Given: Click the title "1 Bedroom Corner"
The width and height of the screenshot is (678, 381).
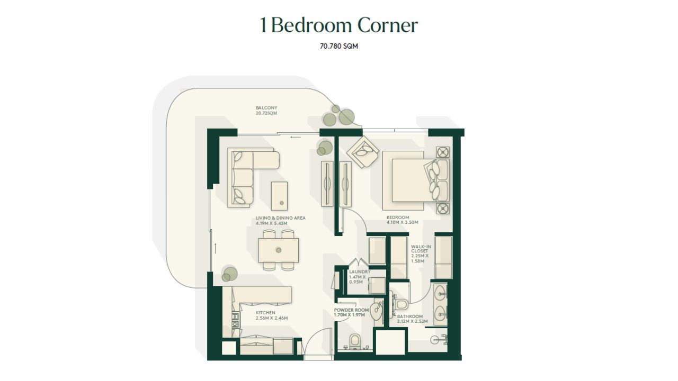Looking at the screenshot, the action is (339, 25).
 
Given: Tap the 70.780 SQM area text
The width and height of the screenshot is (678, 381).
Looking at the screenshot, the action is (339, 46).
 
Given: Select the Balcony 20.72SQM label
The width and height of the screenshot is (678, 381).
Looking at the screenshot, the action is (266, 111).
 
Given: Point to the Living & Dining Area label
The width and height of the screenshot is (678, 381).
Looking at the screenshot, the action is (281, 221).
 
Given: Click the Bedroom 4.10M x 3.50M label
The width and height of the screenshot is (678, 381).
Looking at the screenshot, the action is (402, 220).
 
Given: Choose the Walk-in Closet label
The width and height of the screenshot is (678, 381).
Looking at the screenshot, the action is (421, 253).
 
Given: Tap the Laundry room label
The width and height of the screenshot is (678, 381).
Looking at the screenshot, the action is (359, 277).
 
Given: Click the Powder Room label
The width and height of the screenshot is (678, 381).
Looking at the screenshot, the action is (351, 312).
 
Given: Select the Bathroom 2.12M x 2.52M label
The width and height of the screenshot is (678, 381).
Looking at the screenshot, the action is (412, 319).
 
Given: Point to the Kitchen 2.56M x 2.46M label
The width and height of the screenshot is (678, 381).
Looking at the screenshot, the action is (272, 315).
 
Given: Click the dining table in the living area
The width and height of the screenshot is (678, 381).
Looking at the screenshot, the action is (279, 250).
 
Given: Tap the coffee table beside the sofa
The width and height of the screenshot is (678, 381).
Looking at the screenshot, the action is (279, 196).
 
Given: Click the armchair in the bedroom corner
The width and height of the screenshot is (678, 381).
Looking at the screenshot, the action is (363, 152).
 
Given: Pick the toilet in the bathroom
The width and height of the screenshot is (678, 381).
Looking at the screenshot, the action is (400, 304).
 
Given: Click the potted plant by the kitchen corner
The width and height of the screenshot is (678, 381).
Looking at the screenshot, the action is (229, 274).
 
